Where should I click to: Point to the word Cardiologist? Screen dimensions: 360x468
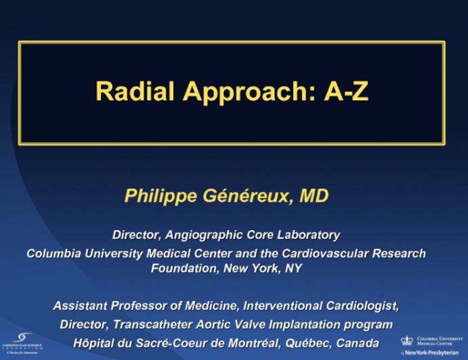(x=364, y=306)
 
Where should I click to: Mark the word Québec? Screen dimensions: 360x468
(x=305, y=342)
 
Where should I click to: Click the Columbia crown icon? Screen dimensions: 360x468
(x=407, y=340)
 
